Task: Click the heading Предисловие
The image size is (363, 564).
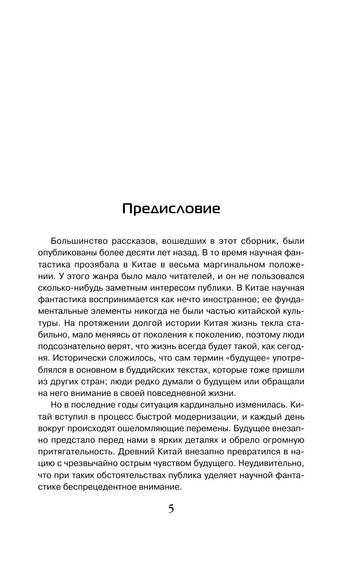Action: click(x=171, y=209)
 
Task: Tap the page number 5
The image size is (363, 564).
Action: click(x=171, y=509)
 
